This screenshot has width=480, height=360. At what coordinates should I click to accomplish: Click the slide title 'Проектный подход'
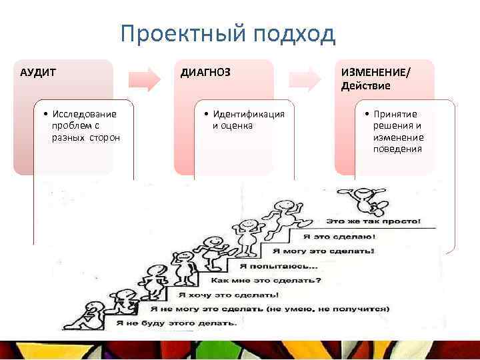click(x=228, y=34)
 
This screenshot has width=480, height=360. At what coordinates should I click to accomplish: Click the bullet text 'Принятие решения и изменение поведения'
click(x=398, y=131)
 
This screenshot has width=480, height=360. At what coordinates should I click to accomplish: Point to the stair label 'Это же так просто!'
click(x=373, y=220)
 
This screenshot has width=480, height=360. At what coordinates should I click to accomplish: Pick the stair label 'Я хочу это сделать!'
click(x=227, y=294)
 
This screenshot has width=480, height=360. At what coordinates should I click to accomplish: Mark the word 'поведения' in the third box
click(x=398, y=149)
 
